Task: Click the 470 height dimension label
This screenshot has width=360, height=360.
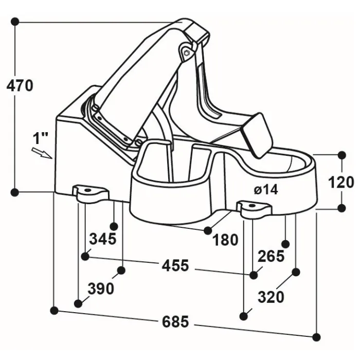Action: (x=20, y=85)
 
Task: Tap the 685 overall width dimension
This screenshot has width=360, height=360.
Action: (x=175, y=321)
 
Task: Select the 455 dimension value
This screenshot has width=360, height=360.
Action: (x=175, y=266)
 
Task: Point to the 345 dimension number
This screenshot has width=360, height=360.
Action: (x=103, y=239)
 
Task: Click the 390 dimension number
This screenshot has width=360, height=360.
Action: (x=101, y=289)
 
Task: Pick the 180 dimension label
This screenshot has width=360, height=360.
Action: (x=225, y=240)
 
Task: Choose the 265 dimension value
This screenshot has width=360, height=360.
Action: (x=271, y=256)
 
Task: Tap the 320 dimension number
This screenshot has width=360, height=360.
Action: (x=271, y=297)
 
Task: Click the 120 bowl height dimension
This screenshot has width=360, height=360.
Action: (x=341, y=183)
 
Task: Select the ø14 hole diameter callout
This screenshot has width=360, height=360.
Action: (x=266, y=190)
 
